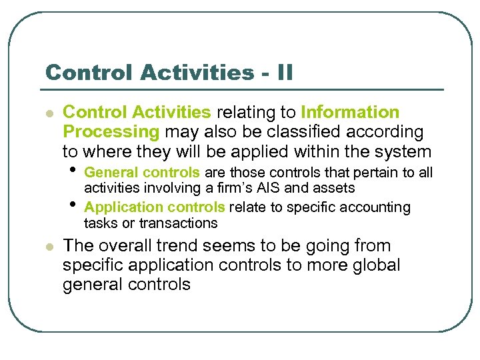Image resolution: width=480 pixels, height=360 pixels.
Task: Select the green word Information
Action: pos(350,113)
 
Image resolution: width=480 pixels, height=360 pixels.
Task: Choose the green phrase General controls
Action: pos(142,173)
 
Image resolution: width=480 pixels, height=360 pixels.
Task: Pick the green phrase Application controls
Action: pos(155,207)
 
